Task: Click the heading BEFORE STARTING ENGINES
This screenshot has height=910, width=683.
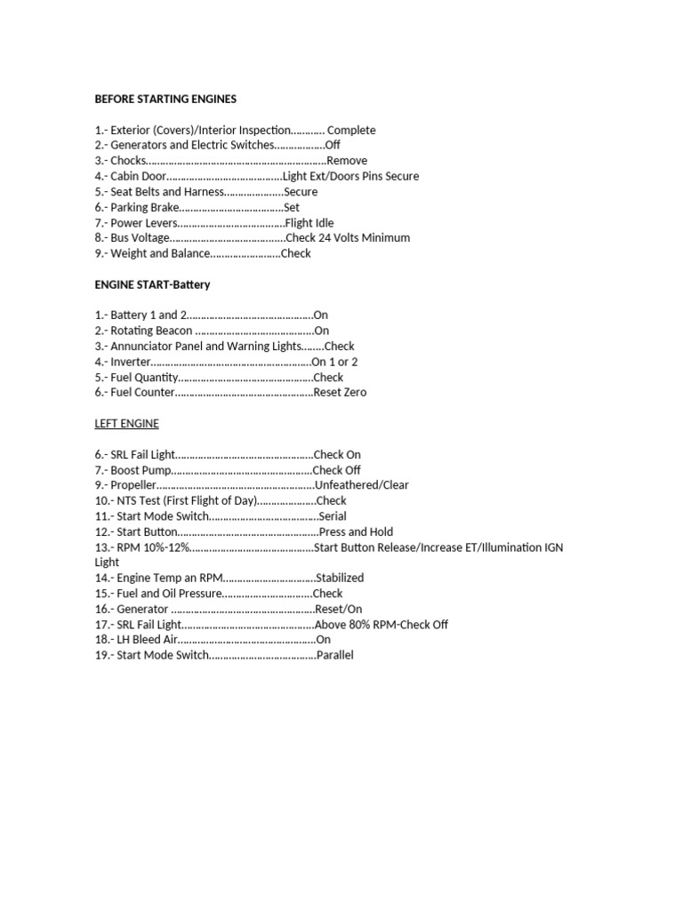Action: pyautogui.click(x=165, y=99)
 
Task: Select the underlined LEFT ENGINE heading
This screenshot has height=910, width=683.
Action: pyautogui.click(x=127, y=424)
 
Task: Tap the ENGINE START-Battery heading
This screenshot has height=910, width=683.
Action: pyautogui.click(x=152, y=284)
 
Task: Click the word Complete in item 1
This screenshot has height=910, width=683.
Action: pyautogui.click(x=351, y=130)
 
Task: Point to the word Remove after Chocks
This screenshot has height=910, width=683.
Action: pyautogui.click(x=347, y=161)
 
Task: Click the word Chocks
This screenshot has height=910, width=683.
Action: pyautogui.click(x=127, y=161)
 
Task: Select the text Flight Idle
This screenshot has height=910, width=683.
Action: pyautogui.click(x=309, y=223)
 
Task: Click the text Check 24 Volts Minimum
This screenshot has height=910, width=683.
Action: pyautogui.click(x=349, y=238)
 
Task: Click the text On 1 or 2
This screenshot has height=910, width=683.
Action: pyautogui.click(x=334, y=362)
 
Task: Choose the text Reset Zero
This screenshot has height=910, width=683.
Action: pyautogui.click(x=340, y=393)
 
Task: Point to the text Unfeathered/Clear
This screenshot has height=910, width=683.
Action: pyautogui.click(x=362, y=485)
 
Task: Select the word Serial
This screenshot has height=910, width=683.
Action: pyautogui.click(x=332, y=516)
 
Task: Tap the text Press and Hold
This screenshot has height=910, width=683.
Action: pyautogui.click(x=356, y=531)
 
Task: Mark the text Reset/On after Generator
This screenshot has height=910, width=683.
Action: pyautogui.click(x=339, y=609)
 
